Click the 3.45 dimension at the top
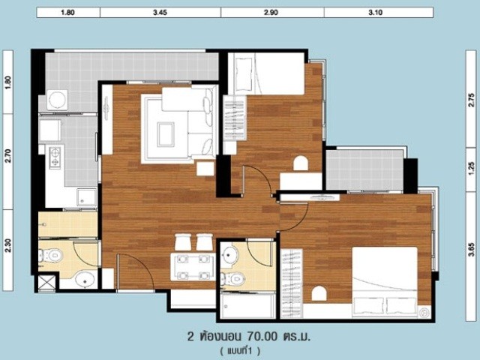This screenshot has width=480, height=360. pyautogui.click(x=160, y=13)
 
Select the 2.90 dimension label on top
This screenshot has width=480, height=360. pyautogui.click(x=271, y=13)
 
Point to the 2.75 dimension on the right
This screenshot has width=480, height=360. pyautogui.click(x=472, y=100)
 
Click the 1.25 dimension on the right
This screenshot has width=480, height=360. pyautogui.click(x=472, y=166)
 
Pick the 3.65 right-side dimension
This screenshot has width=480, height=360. pyautogui.click(x=472, y=249)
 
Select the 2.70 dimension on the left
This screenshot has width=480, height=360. pyautogui.click(x=8, y=155)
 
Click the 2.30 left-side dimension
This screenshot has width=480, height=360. pyautogui.click(x=8, y=245)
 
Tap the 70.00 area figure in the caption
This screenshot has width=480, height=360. pyautogui.click(x=262, y=337)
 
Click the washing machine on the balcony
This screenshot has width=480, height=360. pyautogui.click(x=57, y=100)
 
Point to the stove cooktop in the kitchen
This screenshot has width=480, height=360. pyautogui.click(x=55, y=157)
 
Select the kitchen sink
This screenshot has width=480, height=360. pyautogui.click(x=87, y=197)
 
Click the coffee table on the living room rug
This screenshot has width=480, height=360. pyautogui.click(x=166, y=134)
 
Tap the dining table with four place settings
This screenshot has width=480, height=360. pyautogui.click(x=193, y=267)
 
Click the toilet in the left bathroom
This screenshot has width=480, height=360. pyautogui.click(x=51, y=255)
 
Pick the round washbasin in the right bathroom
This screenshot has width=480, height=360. pyautogui.click(x=230, y=253)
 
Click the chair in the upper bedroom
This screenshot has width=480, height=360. pyautogui.click(x=301, y=163)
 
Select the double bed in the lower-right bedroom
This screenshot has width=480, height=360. pyautogui.click(x=385, y=282)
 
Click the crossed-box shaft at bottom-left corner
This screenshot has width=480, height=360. pyautogui.click(x=46, y=282)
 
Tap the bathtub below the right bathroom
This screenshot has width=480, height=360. pyautogui.click(x=248, y=306)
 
